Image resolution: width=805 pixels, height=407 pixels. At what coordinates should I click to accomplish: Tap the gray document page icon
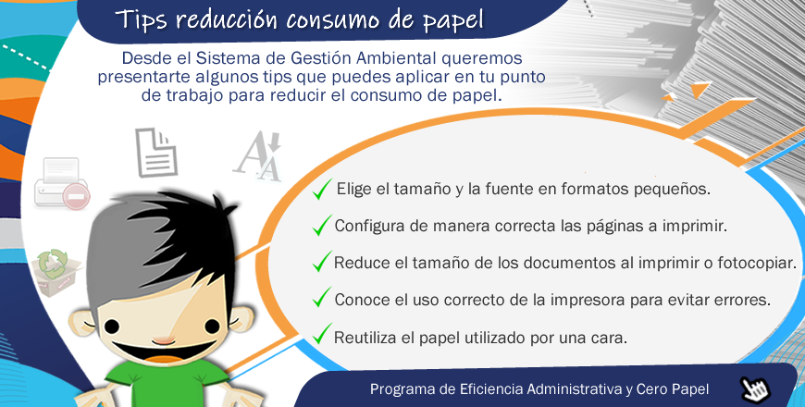pos(156,153)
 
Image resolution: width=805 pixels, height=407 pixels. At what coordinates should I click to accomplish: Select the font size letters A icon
pos(258,156)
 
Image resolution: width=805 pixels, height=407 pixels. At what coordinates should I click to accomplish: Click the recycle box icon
pos(55,273)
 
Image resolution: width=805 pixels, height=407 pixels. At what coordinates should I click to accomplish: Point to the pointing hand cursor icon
pos(755,389)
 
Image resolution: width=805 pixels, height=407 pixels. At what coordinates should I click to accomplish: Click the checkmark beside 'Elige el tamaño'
pos(322,189)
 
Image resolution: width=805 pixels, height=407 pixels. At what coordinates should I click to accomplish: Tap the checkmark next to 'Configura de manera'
pos(322,226)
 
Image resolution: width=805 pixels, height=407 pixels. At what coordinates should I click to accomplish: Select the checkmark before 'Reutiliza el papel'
pos(322,334)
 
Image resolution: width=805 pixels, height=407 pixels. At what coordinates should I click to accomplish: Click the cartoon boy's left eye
pos(113,326)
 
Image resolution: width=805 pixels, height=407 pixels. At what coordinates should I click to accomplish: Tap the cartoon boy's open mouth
pos(163,353)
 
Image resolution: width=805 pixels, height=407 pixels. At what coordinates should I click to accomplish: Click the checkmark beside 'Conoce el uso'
pos(322,297)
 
